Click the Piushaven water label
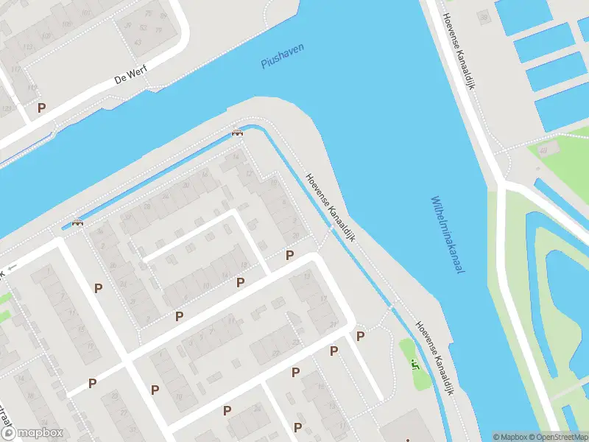282,56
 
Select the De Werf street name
132,77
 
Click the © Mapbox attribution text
510,437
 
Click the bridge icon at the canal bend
237,133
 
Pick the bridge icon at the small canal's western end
77,222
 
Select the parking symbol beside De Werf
42,108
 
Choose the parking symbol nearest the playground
360,336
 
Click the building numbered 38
483,17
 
